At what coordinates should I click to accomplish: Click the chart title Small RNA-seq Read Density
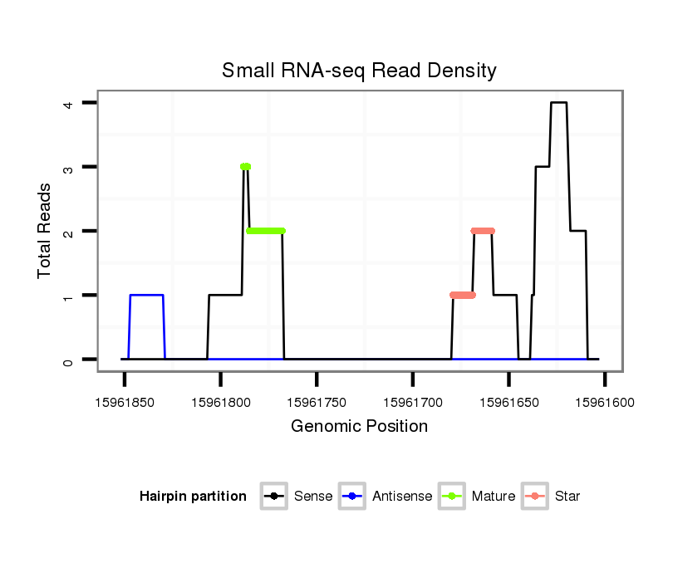pos(359,71)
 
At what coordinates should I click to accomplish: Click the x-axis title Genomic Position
pos(359,427)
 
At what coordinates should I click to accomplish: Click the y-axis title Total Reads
pos(45,230)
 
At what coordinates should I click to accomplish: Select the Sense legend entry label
pos(313,497)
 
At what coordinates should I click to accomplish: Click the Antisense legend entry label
pos(402,497)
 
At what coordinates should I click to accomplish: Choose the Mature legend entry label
pos(494,497)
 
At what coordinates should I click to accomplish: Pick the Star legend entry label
pos(567,497)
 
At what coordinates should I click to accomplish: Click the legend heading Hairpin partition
pos(193,497)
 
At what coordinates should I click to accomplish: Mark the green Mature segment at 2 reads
pos(266,231)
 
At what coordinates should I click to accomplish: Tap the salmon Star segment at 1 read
pos(463,295)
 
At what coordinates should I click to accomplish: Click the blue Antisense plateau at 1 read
pos(146,295)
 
